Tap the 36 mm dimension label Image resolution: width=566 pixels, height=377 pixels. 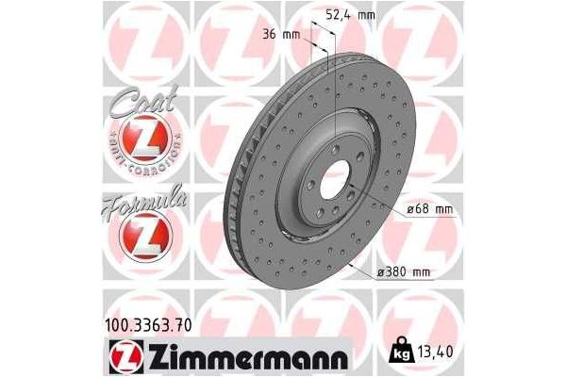pos(281,35)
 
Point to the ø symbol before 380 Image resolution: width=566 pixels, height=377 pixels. pos(382,273)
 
